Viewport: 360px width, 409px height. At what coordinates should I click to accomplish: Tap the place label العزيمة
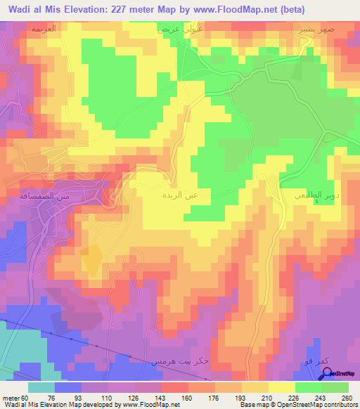[44, 29]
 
